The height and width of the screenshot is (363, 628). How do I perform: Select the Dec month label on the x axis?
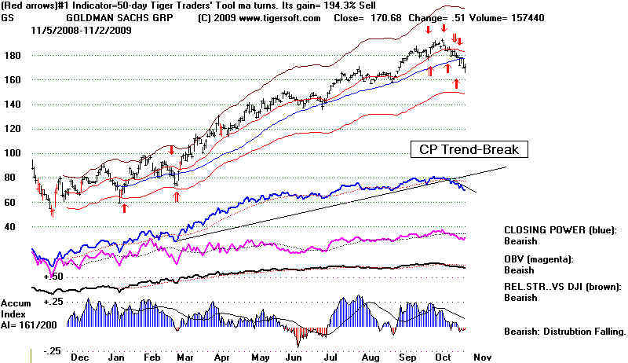[x=79, y=356]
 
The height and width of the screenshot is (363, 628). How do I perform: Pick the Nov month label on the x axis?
[x=484, y=356]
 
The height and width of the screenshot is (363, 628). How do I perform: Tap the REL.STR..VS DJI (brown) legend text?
[x=564, y=288]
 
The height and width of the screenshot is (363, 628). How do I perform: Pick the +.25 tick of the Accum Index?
[x=53, y=302]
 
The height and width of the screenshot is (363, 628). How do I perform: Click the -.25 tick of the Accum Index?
[x=53, y=351]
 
